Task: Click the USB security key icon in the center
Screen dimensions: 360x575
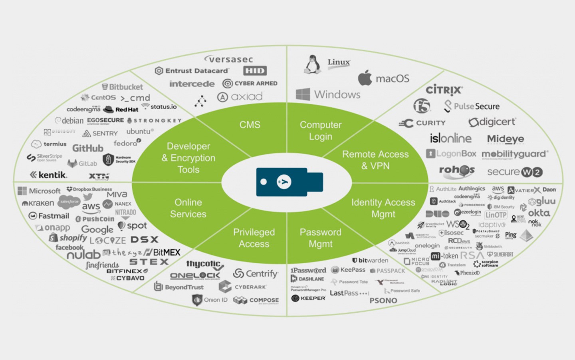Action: point(289,182)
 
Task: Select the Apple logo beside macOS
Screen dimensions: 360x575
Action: point(365,78)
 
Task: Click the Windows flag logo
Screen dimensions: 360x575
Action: point(303,94)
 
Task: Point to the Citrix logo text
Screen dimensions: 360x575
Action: point(444,90)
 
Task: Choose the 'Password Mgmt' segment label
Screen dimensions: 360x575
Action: point(320,238)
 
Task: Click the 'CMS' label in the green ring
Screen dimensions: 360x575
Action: point(250,125)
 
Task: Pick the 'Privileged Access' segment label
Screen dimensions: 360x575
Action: point(254,238)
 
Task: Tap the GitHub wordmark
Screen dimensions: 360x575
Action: point(88,148)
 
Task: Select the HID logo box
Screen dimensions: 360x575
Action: point(255,71)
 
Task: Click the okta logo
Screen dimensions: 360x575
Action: point(539,213)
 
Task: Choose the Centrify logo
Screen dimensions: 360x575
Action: point(256,274)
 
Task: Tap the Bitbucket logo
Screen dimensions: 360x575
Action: point(122,87)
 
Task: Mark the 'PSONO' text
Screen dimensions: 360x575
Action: point(383,300)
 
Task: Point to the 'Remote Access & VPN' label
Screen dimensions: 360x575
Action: point(375,160)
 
